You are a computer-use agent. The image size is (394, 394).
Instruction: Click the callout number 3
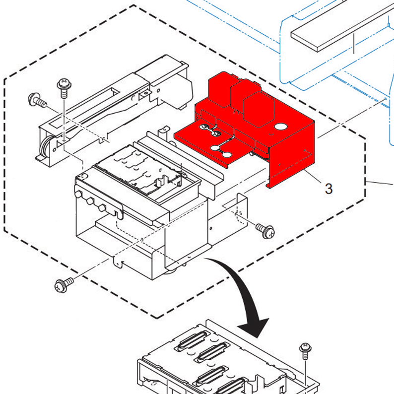point(328,188)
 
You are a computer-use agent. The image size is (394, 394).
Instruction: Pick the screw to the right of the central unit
point(264,229)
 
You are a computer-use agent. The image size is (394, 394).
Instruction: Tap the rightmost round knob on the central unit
point(102,207)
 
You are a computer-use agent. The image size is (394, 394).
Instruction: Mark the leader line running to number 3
point(315,177)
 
